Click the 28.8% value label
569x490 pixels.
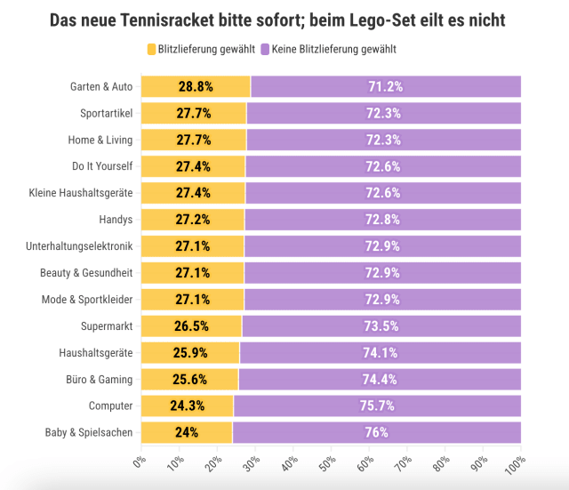[x=196, y=86]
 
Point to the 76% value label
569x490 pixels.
[x=376, y=433]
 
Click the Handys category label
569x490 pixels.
[x=116, y=220]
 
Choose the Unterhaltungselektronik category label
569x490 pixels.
[x=79, y=246]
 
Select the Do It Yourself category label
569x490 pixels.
[x=102, y=166]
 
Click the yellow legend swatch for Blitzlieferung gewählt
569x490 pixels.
[x=150, y=49]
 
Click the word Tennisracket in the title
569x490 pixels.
[x=196, y=19]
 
